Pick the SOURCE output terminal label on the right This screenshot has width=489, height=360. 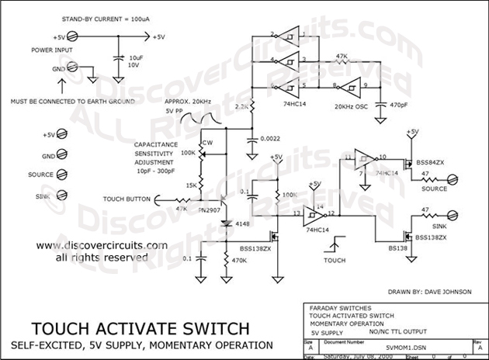point(435,189)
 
